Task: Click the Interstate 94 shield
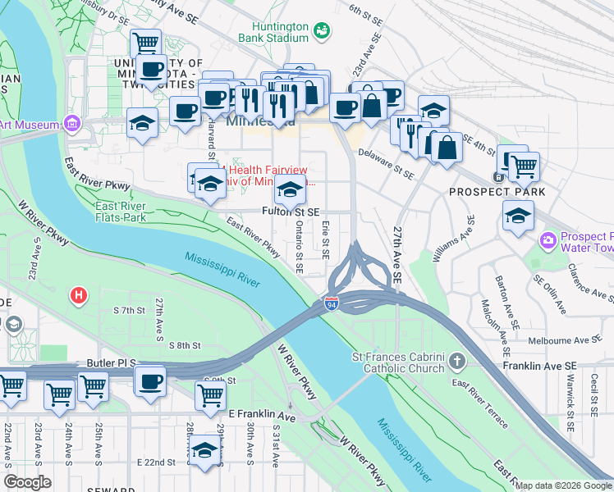331,303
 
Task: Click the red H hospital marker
79,294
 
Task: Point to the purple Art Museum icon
72,125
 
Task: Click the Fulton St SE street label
290,212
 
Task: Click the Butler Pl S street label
111,362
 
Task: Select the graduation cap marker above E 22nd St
205,450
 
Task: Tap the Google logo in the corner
27,482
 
